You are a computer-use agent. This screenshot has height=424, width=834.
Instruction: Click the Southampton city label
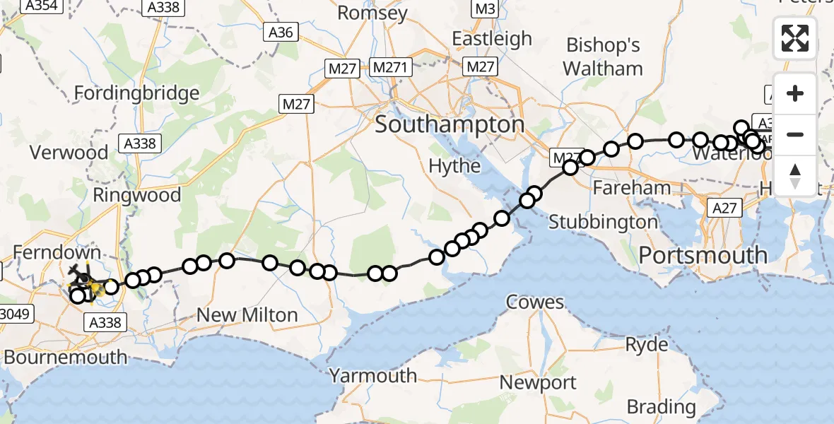tap(450, 125)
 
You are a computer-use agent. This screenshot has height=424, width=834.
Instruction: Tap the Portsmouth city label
tap(703, 254)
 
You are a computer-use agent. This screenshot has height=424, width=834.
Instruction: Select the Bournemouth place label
tap(65, 356)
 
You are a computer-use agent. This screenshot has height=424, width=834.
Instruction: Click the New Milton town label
tap(247, 314)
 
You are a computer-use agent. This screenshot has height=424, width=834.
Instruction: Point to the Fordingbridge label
tap(136, 93)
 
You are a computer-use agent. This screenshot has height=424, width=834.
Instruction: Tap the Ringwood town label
tap(137, 195)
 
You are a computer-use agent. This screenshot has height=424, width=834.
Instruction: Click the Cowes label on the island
tap(534, 302)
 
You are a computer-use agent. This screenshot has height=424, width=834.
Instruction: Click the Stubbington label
tap(603, 222)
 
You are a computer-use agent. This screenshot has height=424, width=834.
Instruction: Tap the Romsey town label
tap(372, 13)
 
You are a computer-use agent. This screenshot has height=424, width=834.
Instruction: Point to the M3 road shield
tap(483, 9)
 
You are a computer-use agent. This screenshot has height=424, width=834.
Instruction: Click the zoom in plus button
tap(795, 94)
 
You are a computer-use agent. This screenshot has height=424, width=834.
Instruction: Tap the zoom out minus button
tap(795, 134)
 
